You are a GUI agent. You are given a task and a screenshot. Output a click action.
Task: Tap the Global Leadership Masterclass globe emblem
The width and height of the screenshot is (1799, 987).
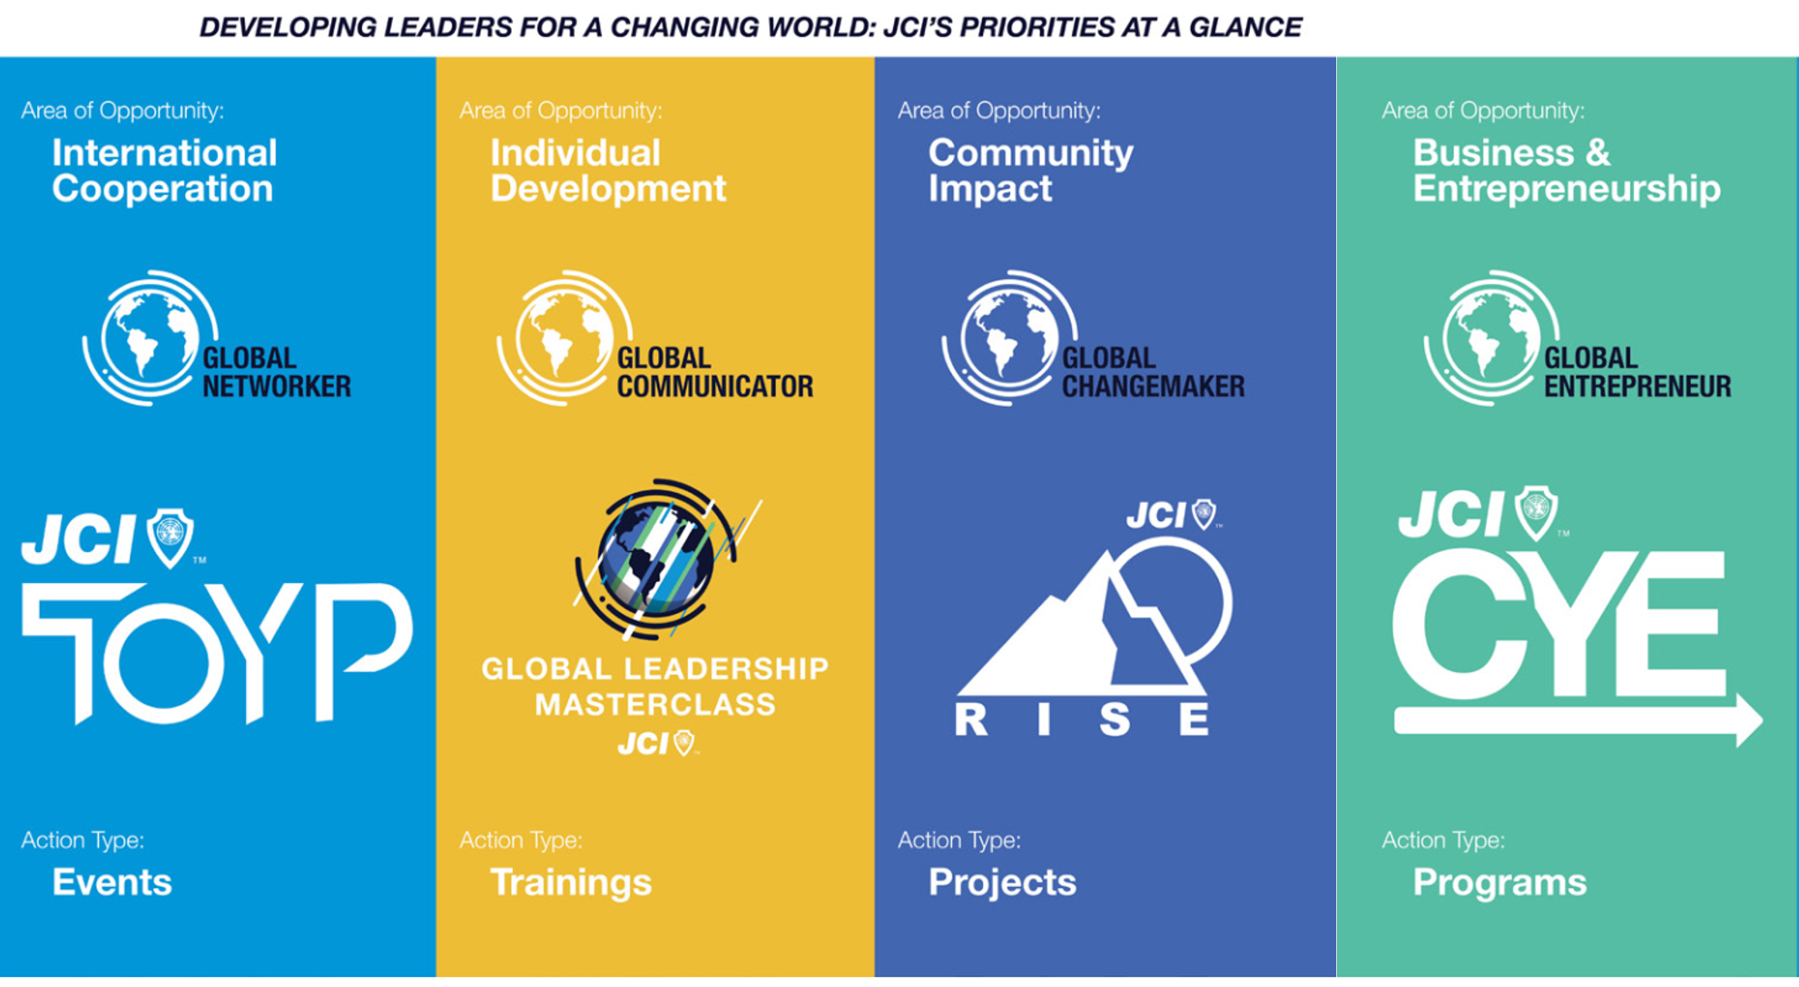[x=661, y=558]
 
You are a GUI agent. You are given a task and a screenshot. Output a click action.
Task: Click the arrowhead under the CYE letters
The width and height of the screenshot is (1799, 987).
[x=1748, y=721]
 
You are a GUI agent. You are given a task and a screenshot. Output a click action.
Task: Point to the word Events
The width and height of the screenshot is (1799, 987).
[x=112, y=882]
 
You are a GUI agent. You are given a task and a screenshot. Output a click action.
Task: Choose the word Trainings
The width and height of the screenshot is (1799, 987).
[x=571, y=883]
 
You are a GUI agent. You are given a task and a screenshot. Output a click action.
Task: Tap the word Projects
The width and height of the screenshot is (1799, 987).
[x=1002, y=883]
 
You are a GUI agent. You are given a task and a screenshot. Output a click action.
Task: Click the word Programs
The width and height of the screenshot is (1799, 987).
[x=1499, y=883]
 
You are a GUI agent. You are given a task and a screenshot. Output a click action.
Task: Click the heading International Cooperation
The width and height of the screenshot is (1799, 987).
[x=164, y=171]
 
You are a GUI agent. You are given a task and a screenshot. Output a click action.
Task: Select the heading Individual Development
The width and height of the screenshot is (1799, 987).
[x=608, y=171]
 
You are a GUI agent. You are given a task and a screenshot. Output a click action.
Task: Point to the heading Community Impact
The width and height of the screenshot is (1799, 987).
[x=1031, y=171]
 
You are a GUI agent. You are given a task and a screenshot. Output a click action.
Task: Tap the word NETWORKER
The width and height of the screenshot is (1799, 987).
[x=277, y=387]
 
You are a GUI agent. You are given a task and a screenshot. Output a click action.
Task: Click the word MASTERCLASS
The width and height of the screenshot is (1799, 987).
[x=655, y=705]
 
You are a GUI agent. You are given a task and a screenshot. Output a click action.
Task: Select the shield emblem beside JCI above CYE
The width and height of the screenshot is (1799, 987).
[x=1536, y=513]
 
